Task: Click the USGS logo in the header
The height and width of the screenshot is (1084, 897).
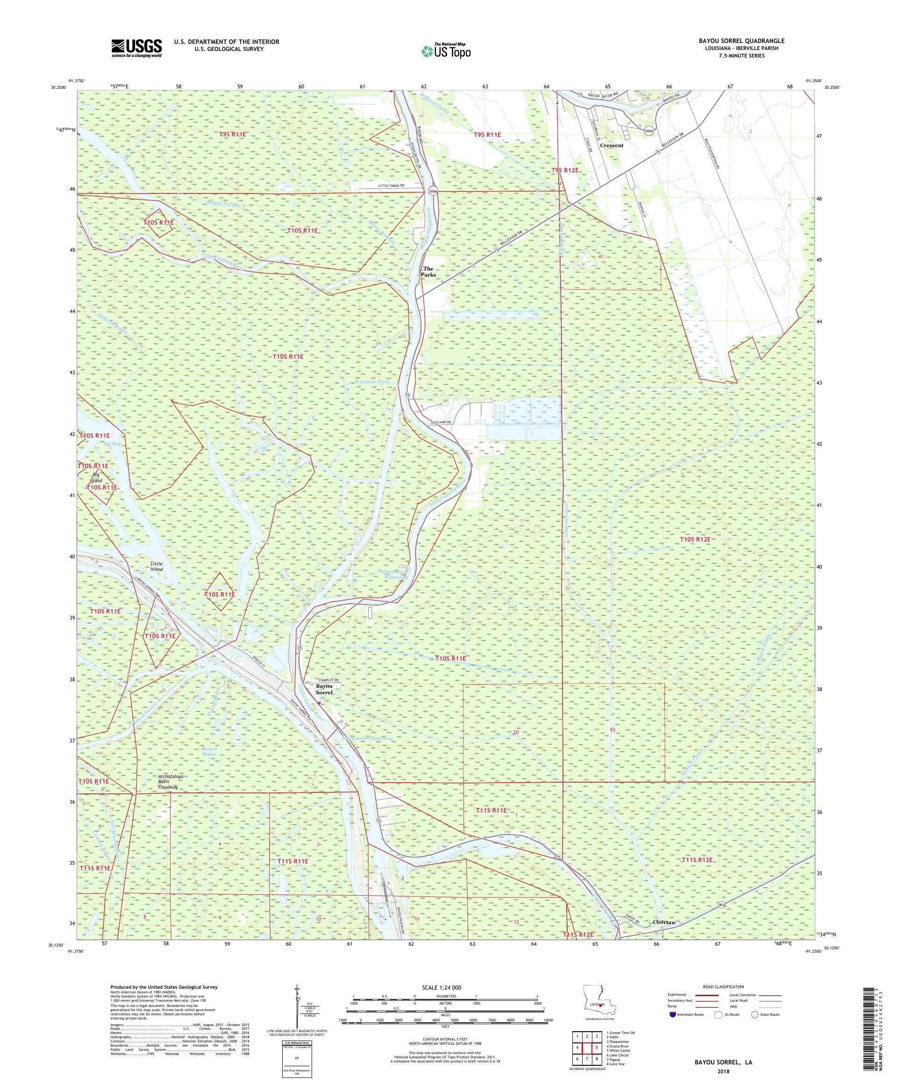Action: tap(136, 49)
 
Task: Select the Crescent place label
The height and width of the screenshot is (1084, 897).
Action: tap(612, 146)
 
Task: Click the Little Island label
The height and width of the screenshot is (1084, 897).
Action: tap(157, 566)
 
